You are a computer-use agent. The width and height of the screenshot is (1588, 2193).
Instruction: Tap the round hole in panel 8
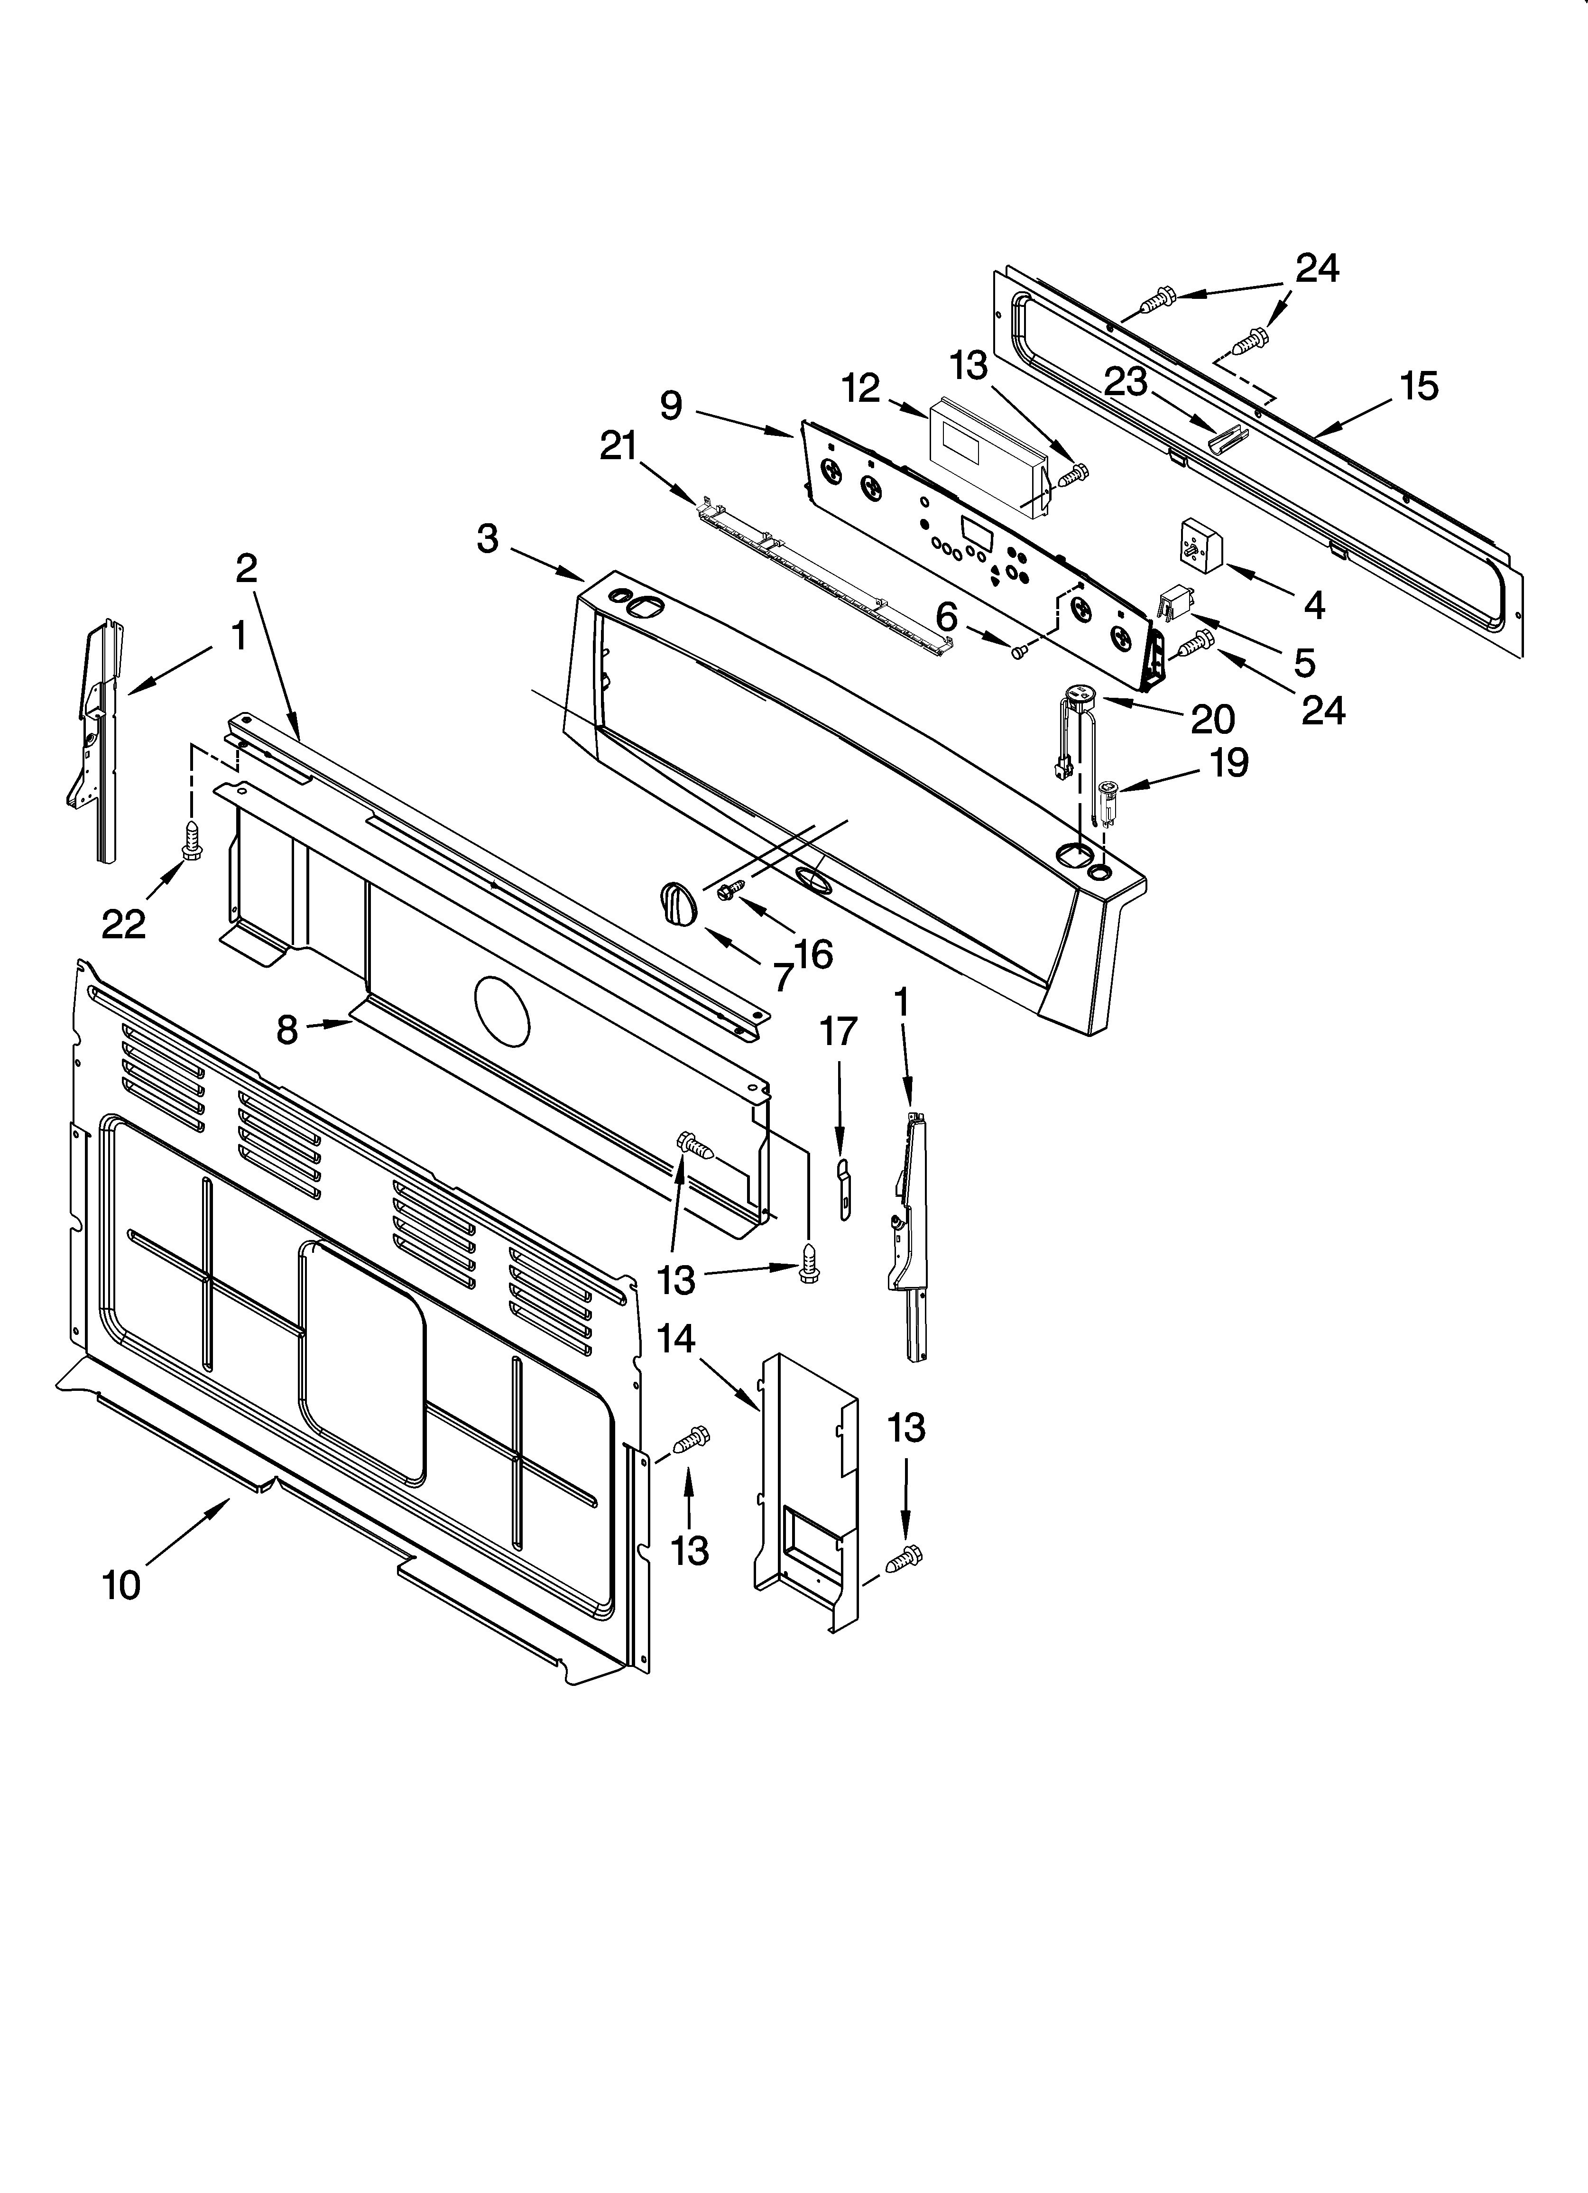(x=503, y=1010)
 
